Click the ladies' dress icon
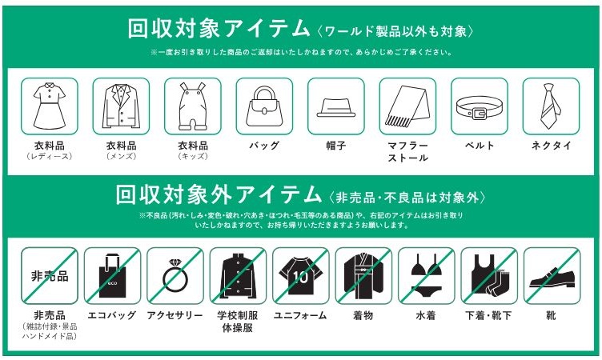pos(49,106)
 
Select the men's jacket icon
pos(121,106)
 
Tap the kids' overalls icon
pos(193,106)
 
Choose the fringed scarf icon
pos(407,106)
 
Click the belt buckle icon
pos(480,108)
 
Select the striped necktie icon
pos(551,106)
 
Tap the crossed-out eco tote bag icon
pos(112,275)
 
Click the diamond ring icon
pos(175,275)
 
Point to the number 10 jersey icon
pos(301,275)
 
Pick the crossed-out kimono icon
pos(363,275)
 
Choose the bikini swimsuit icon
pos(426,275)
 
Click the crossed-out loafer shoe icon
pos(552,277)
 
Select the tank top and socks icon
pos(489,275)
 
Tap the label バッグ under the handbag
pos(264,146)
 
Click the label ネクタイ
pos(551,146)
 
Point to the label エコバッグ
pos(112,315)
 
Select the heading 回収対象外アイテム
pos(219,194)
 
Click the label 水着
pos(426,315)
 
